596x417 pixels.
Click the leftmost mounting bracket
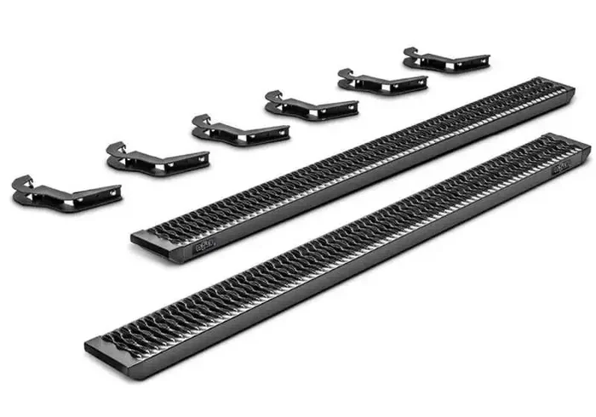pos(64,195)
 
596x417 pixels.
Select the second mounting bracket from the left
pos(158,158)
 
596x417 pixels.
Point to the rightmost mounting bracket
pos(444,60)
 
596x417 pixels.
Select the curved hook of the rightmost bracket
pos(411,54)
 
